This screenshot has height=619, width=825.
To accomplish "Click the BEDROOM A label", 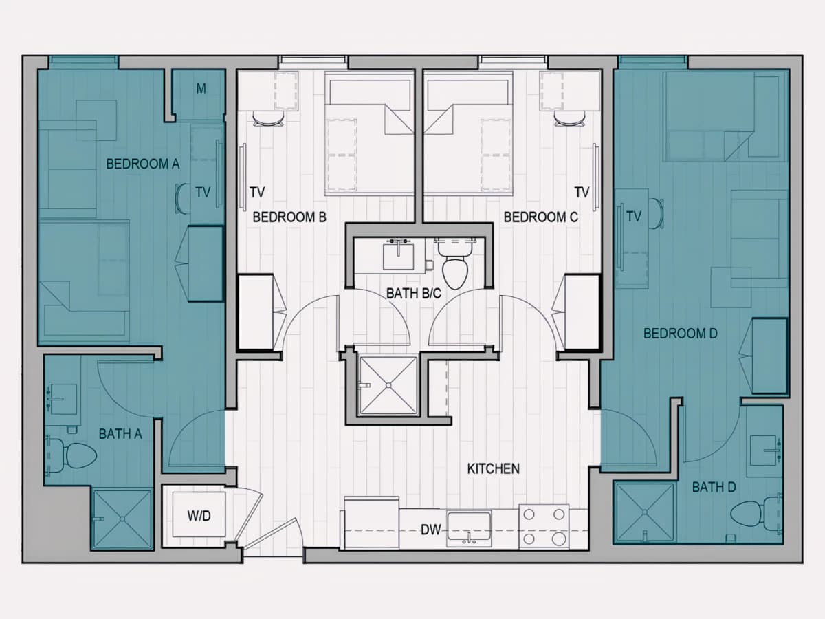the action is tap(143, 164).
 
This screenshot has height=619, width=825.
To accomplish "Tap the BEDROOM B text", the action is tap(289, 217).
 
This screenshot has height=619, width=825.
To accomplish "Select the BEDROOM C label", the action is tap(541, 217).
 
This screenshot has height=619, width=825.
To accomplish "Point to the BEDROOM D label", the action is tap(681, 334).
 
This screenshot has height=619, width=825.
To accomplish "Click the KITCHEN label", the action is tap(494, 468).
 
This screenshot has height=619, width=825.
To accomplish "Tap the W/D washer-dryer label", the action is tap(199, 517).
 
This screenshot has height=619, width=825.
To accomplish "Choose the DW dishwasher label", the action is tap(431, 530).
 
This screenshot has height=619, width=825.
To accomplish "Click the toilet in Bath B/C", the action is tap(455, 264).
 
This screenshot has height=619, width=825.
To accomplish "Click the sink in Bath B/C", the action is tap(398, 257).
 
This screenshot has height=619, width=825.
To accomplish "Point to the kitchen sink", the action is tap(469, 528).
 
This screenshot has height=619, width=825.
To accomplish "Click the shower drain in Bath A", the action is tap(122, 519).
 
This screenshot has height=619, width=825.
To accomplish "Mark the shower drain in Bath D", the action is tap(645, 512).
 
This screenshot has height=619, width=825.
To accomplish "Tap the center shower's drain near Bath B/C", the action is tap(388, 385).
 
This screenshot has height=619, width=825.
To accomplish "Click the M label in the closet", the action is tap(201, 89).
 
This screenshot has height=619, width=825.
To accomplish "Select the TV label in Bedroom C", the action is tap(582, 193).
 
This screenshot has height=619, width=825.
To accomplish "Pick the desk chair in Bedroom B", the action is tap(268, 120).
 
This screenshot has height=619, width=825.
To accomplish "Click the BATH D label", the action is tap(714, 488).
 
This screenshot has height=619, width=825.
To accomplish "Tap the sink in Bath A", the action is tap(64, 399).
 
